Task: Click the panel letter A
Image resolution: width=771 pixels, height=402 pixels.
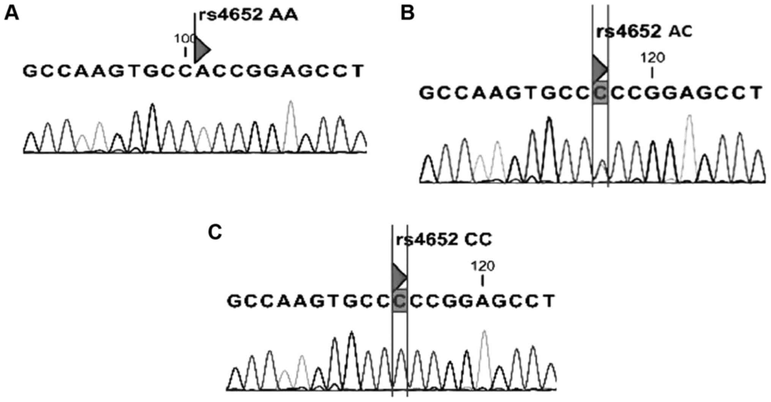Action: (x=11, y=14)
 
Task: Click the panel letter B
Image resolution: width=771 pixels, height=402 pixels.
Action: (x=407, y=14)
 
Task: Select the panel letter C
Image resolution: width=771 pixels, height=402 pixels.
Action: (x=215, y=232)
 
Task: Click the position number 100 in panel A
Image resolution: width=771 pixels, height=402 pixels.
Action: (x=185, y=39)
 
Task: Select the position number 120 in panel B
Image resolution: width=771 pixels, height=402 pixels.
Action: (x=653, y=58)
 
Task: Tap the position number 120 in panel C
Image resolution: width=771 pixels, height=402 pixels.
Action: (x=482, y=266)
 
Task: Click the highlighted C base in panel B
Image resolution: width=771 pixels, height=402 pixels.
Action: (x=600, y=93)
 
